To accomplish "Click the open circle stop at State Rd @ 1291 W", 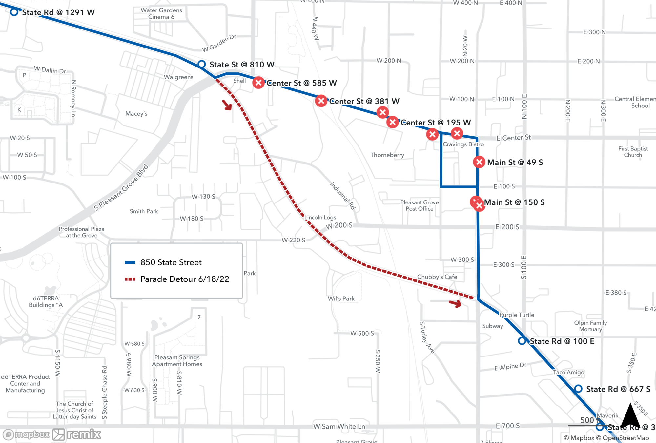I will click(x=14, y=12).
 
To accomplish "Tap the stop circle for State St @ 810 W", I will click(x=202, y=64).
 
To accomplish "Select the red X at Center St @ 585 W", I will click(x=258, y=83).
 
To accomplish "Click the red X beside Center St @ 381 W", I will click(x=321, y=101).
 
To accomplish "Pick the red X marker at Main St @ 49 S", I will click(x=479, y=162).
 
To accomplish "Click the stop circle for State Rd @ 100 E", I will click(x=522, y=341).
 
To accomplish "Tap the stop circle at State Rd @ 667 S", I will click(x=578, y=389).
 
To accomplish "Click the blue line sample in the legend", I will click(x=130, y=262).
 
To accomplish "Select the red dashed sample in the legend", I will click(x=130, y=279).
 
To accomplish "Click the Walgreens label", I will click(x=178, y=77).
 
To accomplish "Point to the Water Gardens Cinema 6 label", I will click(x=161, y=13).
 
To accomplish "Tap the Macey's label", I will click(x=136, y=114).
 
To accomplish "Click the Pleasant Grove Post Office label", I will click(x=420, y=205).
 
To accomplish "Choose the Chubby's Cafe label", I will click(x=437, y=277).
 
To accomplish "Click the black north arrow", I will click(x=630, y=415).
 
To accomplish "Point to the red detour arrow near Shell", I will click(x=227, y=105).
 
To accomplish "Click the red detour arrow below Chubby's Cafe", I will click(x=455, y=303).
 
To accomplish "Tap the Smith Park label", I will click(x=144, y=211).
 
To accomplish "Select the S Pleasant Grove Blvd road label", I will click(x=121, y=188).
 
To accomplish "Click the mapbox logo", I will click(x=26, y=434).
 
